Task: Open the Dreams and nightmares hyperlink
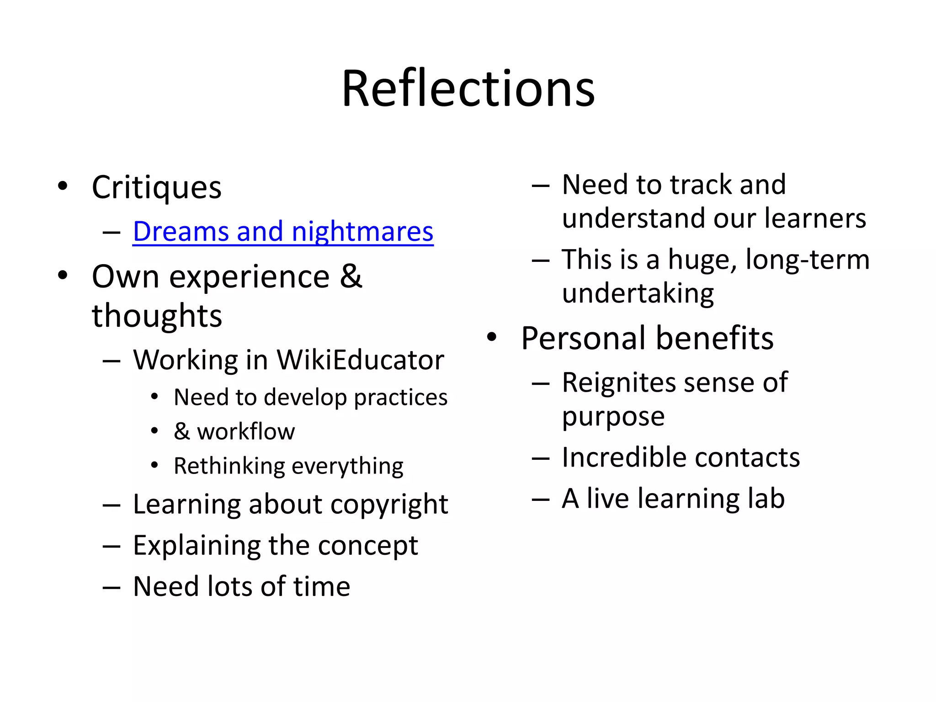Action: click(x=283, y=231)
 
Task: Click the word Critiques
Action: click(x=156, y=187)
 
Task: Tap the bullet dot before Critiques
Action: click(x=63, y=186)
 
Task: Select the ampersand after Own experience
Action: click(x=351, y=276)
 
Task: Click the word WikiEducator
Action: click(x=360, y=360)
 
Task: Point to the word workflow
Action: click(x=246, y=431)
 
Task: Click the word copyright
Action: click(x=389, y=505)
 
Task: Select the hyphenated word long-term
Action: click(x=807, y=260)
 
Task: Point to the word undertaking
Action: click(x=638, y=293)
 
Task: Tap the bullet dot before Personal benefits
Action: click(x=492, y=337)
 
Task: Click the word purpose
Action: click(x=613, y=417)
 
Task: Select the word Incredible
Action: click(x=623, y=457)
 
